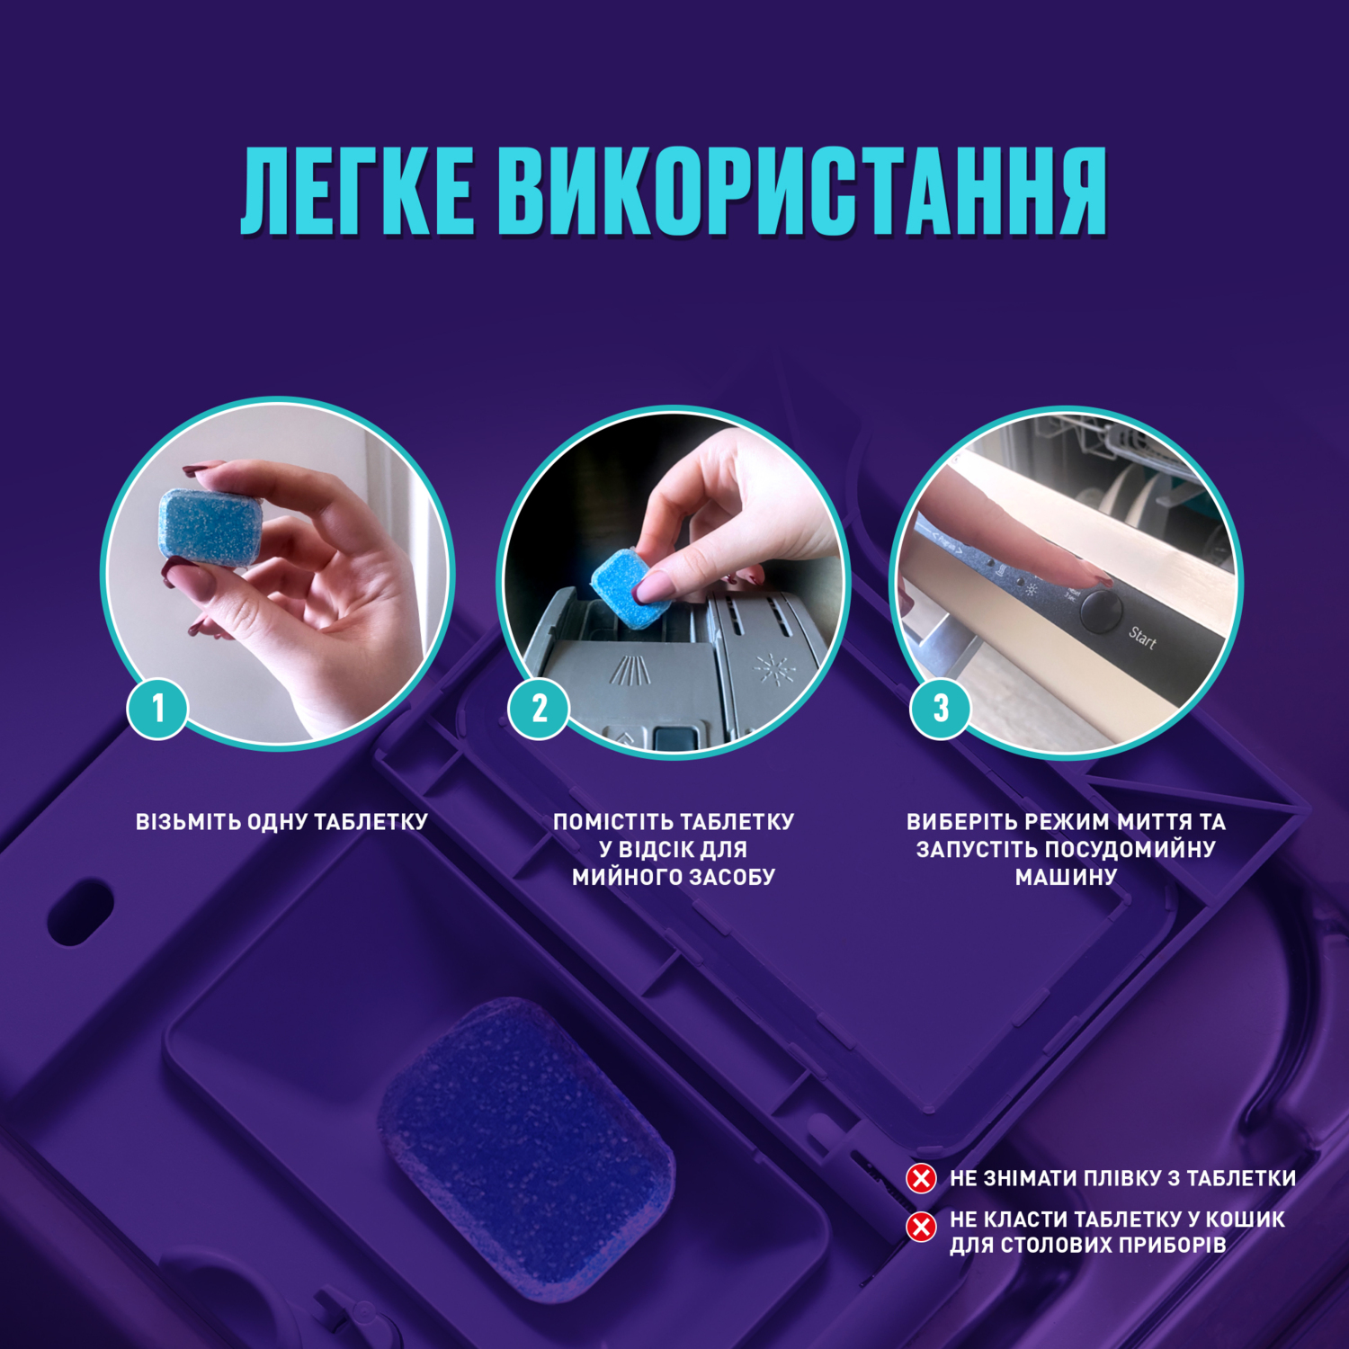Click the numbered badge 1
(158, 708)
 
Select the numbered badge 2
(539, 708)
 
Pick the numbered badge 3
(941, 708)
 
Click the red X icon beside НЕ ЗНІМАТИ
(921, 1178)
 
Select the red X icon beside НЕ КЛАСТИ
(921, 1226)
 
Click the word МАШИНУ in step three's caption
(1066, 877)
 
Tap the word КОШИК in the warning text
(1245, 1219)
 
